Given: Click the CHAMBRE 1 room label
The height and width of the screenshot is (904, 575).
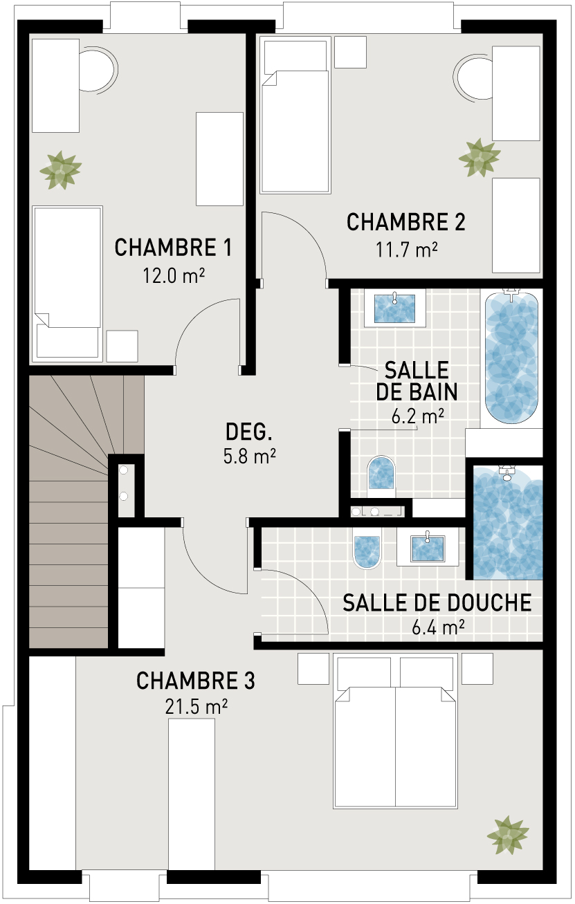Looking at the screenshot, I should pos(173,248).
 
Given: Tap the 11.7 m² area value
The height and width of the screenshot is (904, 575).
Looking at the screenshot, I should pos(406,250).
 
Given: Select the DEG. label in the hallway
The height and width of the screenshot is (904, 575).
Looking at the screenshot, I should pos(250,432).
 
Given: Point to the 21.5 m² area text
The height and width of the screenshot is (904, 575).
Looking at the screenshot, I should pos(196,707).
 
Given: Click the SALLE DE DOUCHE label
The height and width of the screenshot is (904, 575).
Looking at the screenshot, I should pos(437,602).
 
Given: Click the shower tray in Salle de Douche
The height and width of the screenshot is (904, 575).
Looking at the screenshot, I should pos(507,522).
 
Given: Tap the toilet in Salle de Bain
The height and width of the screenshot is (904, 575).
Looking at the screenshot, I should pos(381,475).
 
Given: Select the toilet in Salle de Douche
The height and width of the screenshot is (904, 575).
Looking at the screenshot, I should pos(367,550).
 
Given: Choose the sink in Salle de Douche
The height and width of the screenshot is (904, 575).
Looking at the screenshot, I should pos(428,548).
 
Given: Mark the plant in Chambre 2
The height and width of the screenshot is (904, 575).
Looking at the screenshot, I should pos(480,158).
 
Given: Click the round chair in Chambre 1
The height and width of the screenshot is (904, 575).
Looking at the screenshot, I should pos(97,70).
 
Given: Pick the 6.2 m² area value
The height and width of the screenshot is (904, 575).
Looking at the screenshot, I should pos(417,416).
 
